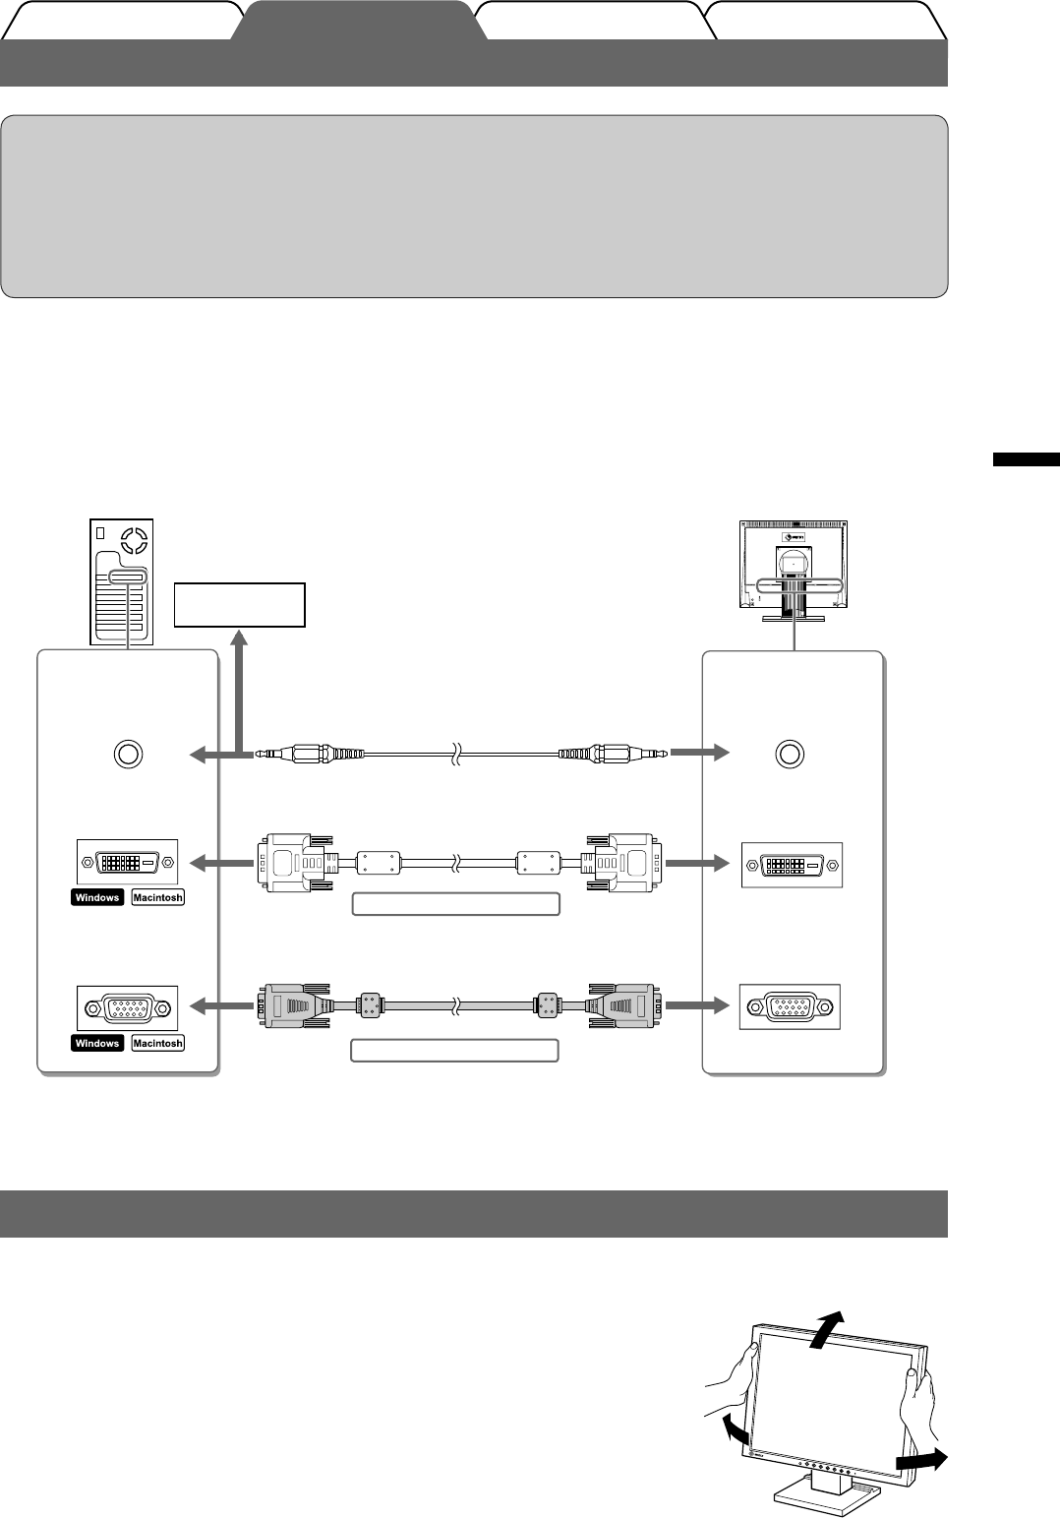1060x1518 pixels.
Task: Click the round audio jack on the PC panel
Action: (127, 755)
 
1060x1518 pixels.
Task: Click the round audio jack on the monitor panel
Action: (789, 755)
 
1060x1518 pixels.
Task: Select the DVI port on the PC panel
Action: (128, 863)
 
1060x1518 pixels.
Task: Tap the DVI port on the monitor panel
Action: (792, 865)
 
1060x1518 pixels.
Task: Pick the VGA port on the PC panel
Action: (128, 1007)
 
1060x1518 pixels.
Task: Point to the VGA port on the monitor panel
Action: (791, 1007)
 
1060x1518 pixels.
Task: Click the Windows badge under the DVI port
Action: (97, 897)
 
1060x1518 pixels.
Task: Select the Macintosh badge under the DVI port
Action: (157, 897)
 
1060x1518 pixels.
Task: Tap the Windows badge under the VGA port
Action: (97, 1043)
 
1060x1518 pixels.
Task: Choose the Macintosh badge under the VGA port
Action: (157, 1043)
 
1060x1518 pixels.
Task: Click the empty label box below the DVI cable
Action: (455, 904)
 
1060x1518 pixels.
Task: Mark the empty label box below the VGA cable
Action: (455, 1050)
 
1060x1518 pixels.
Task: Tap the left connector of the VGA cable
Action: (293, 1007)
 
